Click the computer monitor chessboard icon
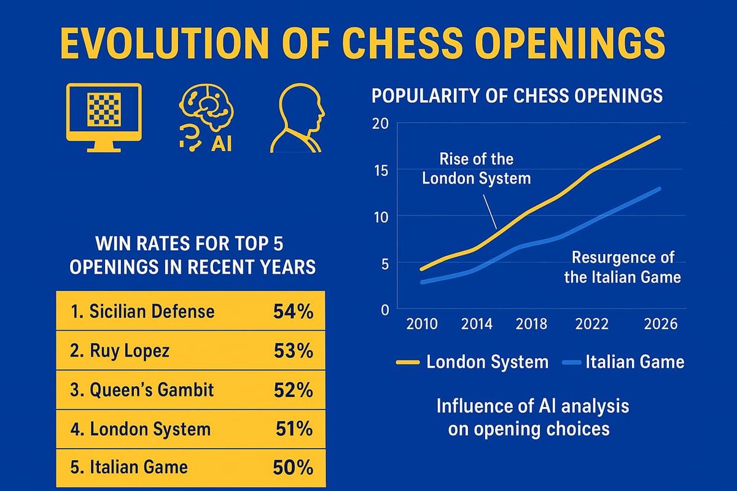[103, 117]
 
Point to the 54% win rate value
[292, 312]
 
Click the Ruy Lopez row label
[120, 351]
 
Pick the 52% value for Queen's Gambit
[292, 390]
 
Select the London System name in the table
[141, 429]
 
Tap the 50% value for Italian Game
[292, 468]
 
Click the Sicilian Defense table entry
[142, 312]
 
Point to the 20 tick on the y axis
[381, 123]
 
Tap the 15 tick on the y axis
[381, 170]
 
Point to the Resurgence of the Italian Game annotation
[622, 267]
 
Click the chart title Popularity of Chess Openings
[517, 96]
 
